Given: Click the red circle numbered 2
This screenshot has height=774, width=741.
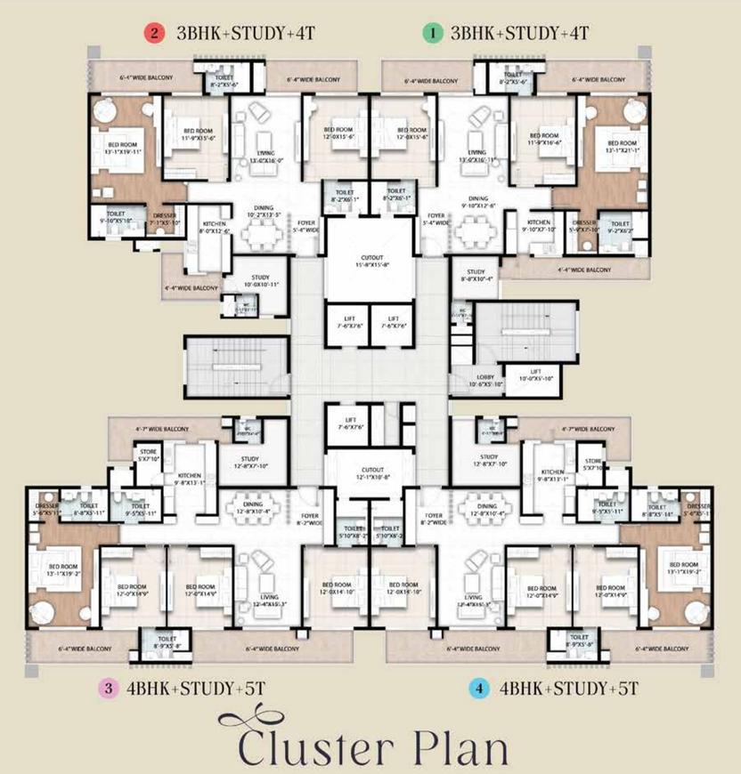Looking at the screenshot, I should coord(155,34).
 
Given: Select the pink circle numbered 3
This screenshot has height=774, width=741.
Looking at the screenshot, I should coord(108,688).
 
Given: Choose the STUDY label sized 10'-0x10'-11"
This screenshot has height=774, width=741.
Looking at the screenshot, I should coord(260,280).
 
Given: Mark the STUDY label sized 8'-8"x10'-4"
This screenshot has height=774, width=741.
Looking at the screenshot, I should coord(476,276).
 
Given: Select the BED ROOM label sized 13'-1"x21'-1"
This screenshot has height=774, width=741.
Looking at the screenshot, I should coord(622,147).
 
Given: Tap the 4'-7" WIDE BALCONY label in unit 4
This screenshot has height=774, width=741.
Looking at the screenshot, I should coord(589,428).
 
